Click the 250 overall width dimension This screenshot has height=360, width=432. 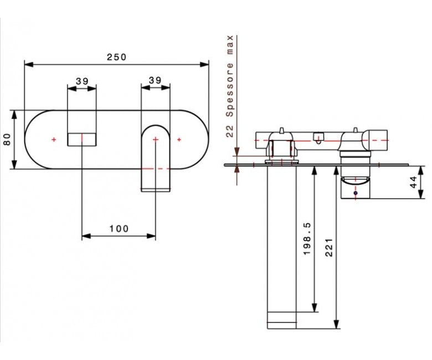pyautogui.click(x=116, y=57)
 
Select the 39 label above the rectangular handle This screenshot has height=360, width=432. pyautogui.click(x=82, y=81)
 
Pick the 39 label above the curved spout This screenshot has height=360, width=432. pyautogui.click(x=155, y=80)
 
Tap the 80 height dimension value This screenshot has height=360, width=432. pyautogui.click(x=7, y=139)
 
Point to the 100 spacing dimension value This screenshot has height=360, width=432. pyautogui.click(x=119, y=229)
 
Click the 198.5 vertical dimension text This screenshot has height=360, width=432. pyautogui.click(x=307, y=239)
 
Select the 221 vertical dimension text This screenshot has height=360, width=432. pyautogui.click(x=329, y=248)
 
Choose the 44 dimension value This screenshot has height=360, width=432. pyautogui.click(x=414, y=182)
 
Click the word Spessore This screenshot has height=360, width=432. pyautogui.click(x=229, y=90)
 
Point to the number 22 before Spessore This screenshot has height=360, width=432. pyautogui.click(x=229, y=131)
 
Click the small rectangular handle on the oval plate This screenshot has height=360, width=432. pyautogui.click(x=82, y=140)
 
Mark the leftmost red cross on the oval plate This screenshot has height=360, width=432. pyautogui.click(x=54, y=140)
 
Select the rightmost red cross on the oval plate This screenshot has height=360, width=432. pyautogui.click(x=179, y=140)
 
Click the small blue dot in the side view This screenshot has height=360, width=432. pyautogui.click(x=356, y=193)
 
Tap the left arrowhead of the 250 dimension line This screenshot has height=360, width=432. pyautogui.click(x=29, y=64)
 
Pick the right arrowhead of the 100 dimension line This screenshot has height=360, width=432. pyautogui.click(x=151, y=236)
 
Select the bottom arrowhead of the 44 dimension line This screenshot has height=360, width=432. pyautogui.click(x=421, y=194)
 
